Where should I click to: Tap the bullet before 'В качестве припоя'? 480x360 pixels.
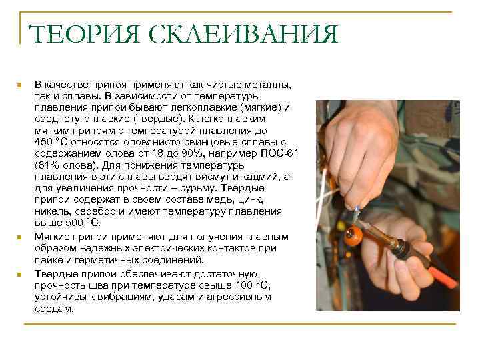(19, 86)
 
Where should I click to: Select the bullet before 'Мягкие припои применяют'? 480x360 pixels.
(19, 237)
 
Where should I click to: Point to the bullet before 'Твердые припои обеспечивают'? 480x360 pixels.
(19, 275)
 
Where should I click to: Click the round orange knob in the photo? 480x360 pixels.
(353, 235)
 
